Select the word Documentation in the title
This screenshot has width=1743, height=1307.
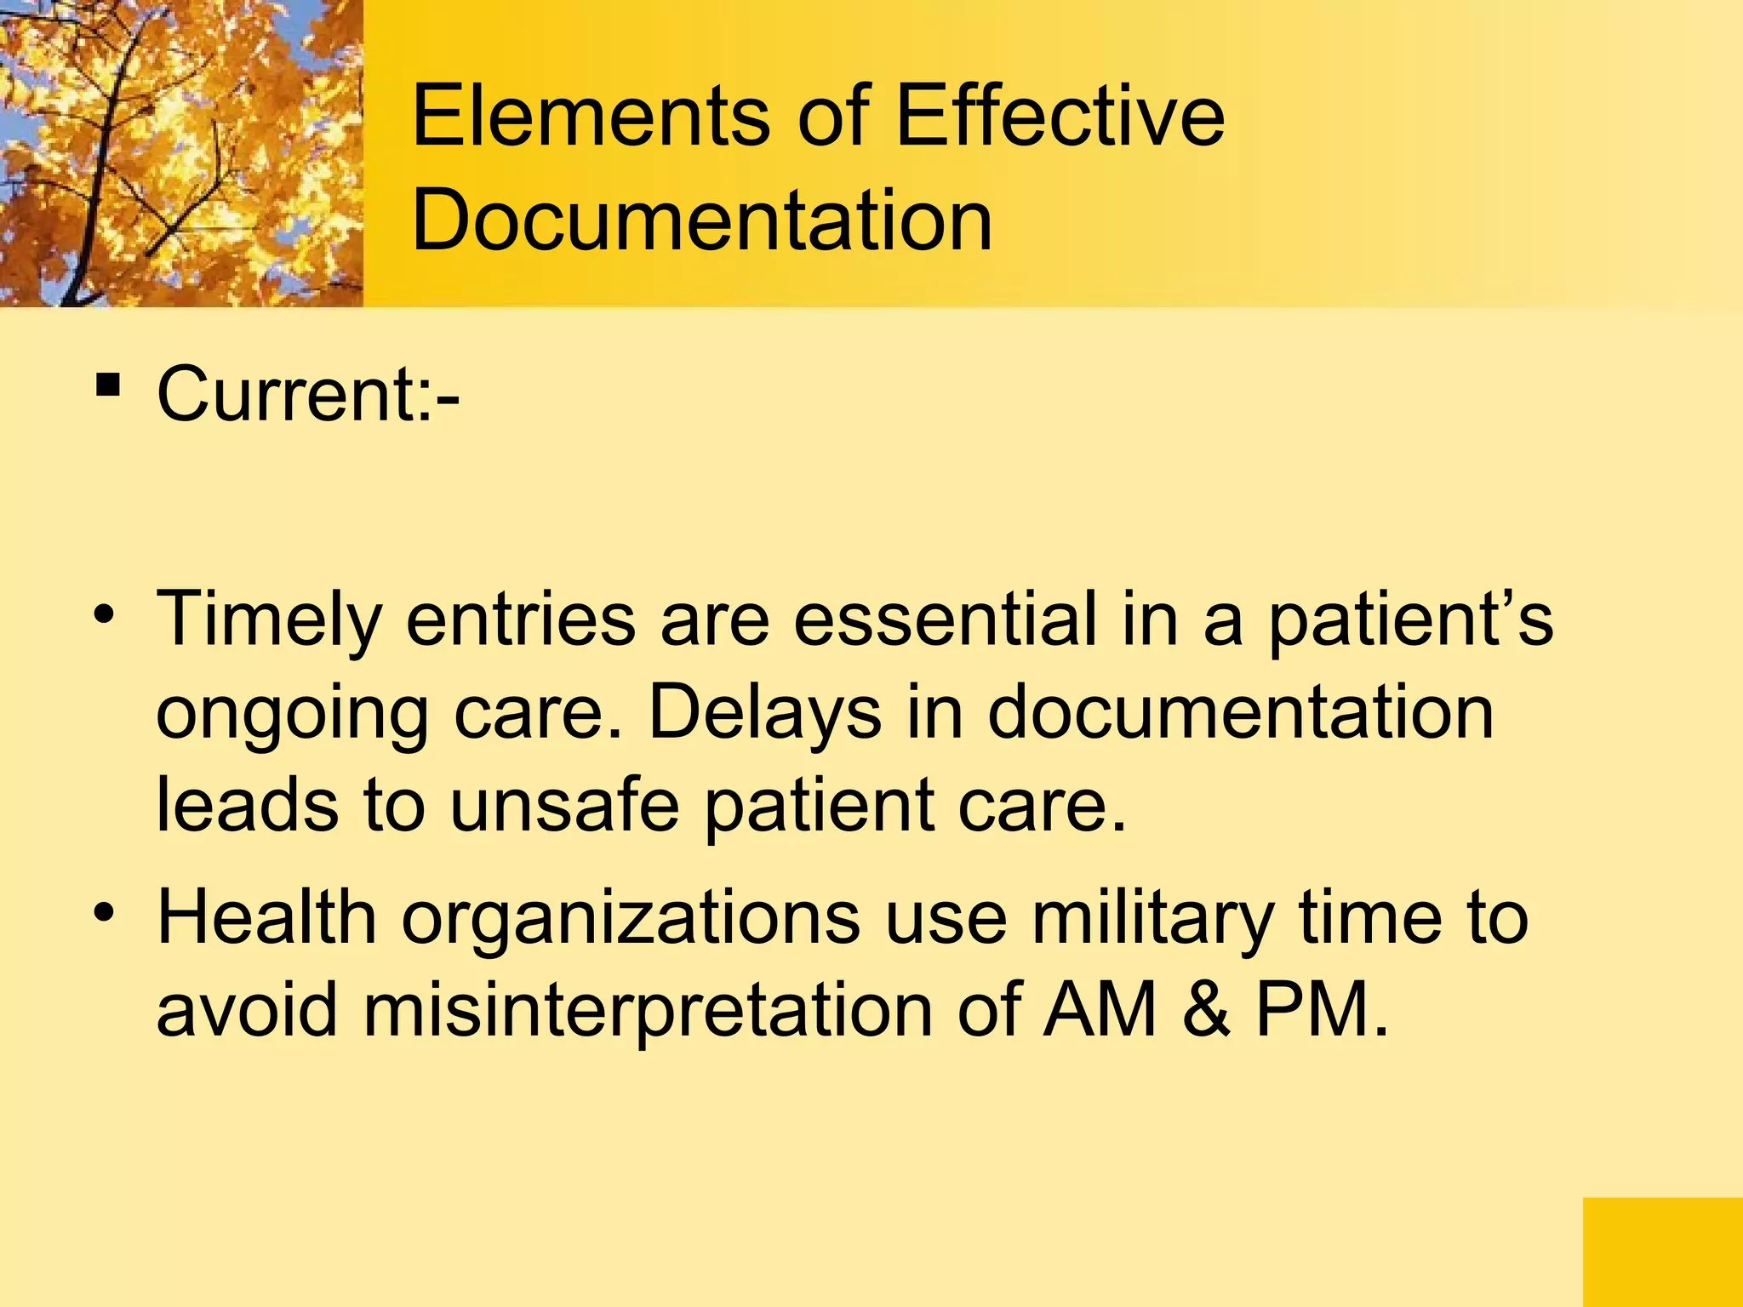click(x=701, y=220)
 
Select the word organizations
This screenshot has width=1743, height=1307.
click(x=631, y=921)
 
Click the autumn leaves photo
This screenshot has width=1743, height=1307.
click(x=181, y=153)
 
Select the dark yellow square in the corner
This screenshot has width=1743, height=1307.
click(x=1662, y=1252)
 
